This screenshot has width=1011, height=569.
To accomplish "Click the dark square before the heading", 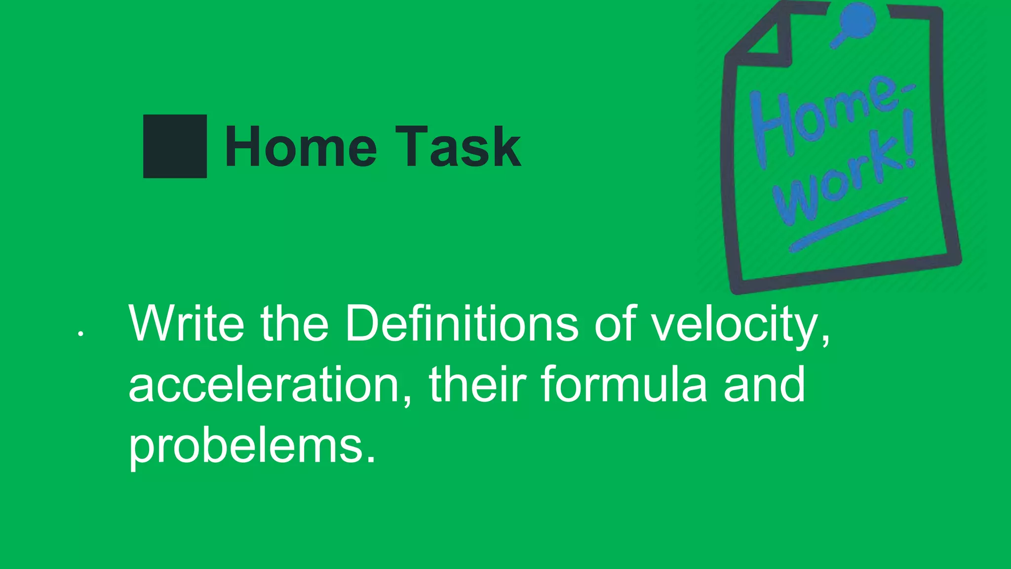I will pos(175,146).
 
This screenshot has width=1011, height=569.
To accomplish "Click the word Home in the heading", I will pos(301,147).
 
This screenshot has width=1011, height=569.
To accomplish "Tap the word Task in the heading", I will pos(458,147).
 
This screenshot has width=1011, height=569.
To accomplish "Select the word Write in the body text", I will pos(186,324).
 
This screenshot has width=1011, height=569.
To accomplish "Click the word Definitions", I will pos(462,324).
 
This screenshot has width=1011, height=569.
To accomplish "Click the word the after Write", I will pos(294,324).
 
